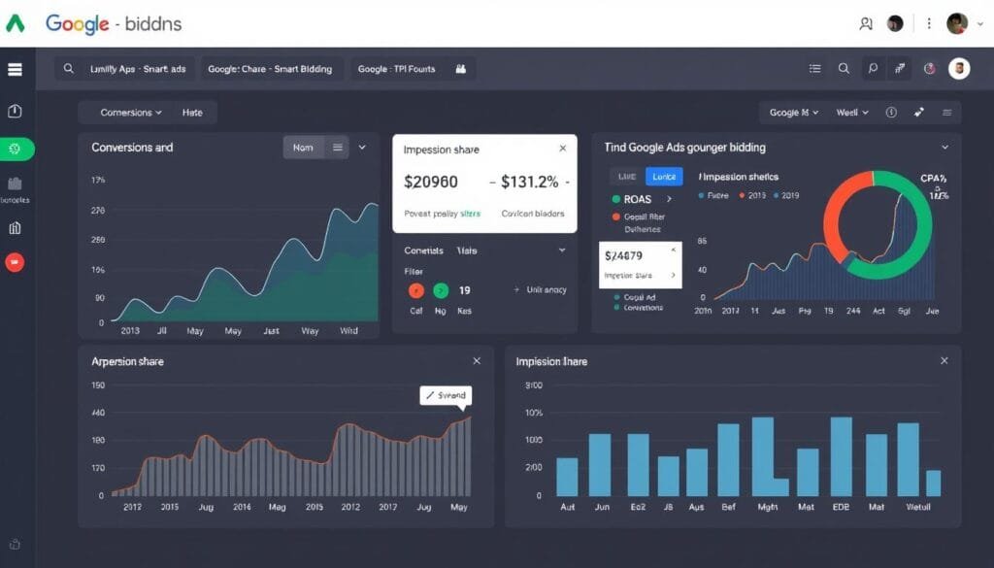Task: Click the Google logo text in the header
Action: point(78,23)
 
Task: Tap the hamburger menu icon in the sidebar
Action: point(15,69)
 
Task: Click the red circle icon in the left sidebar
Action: point(15,262)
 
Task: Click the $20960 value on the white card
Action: point(430,182)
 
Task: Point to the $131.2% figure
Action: point(529,182)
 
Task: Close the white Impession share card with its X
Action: point(562,149)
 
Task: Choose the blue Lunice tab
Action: point(664,176)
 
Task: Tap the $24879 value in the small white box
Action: point(623,256)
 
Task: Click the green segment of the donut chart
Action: point(908,257)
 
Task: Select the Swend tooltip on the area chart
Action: point(446,395)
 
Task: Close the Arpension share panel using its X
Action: point(477,361)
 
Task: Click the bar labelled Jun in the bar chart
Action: point(600,464)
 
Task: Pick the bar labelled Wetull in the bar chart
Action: point(933,483)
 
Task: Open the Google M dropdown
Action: point(793,113)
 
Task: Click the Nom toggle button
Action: point(303,148)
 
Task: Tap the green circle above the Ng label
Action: point(441,290)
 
